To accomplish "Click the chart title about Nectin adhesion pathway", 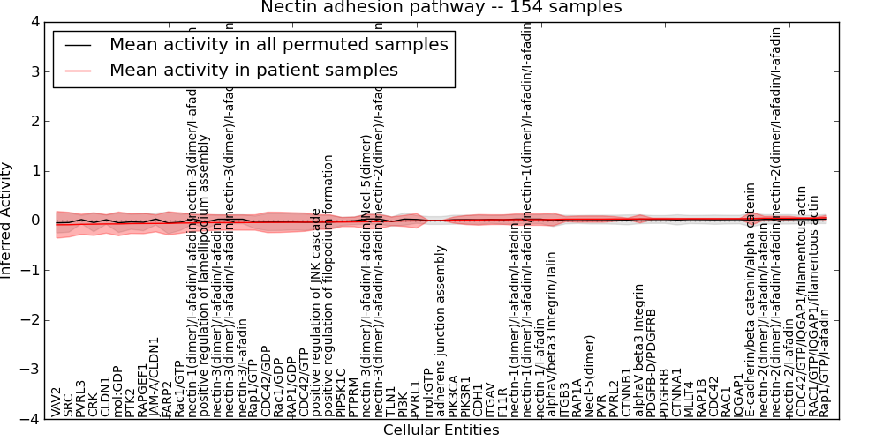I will pyautogui.click(x=441, y=7).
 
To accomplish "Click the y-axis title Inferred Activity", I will pyautogui.click(x=8, y=220).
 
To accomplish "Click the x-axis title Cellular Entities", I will pyautogui.click(x=441, y=430).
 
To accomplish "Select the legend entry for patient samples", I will pyautogui.click(x=253, y=70).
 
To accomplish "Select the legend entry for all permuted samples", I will pyautogui.click(x=278, y=44).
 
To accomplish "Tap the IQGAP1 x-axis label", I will pyautogui.click(x=739, y=396).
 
